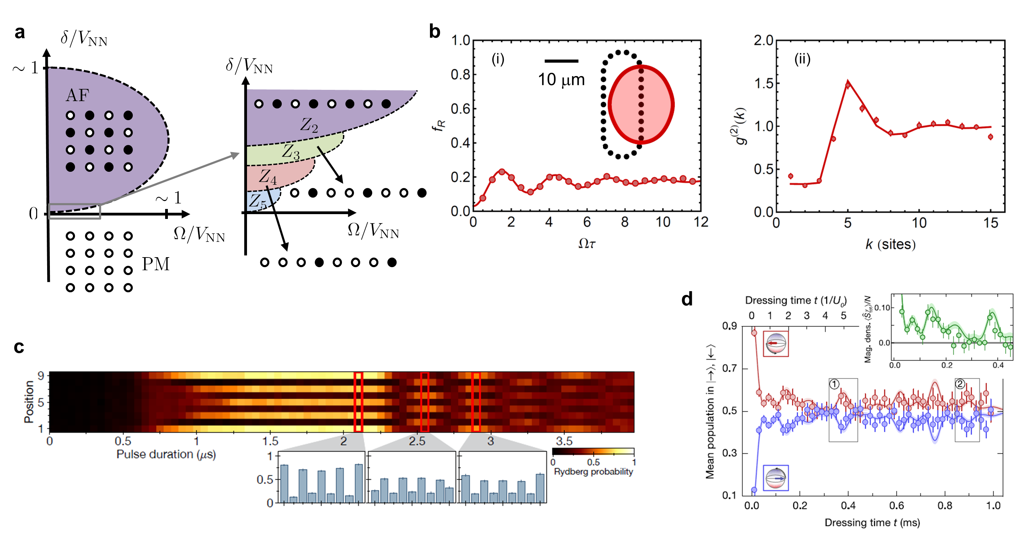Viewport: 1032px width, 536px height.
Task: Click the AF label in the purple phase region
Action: click(77, 95)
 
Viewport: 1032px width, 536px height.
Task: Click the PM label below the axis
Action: click(156, 264)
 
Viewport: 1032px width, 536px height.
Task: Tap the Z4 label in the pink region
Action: click(267, 177)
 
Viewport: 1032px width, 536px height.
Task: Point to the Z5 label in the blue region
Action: click(258, 202)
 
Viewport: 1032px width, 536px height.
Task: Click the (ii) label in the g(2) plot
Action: click(802, 59)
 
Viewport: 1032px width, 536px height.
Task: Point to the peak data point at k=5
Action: click(848, 85)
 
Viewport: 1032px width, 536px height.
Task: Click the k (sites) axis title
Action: click(890, 244)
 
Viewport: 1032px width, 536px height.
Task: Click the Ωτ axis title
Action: click(587, 243)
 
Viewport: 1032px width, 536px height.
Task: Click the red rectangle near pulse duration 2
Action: click(358, 402)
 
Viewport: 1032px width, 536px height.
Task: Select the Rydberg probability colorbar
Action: click(593, 451)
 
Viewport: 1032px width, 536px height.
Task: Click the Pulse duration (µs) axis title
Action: click(166, 454)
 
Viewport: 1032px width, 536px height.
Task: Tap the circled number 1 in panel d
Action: click(834, 384)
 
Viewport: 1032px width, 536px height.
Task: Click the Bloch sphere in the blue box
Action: click(776, 478)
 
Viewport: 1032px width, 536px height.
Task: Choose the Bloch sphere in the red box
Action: click(776, 344)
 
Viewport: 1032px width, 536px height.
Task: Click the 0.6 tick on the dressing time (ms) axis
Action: click(896, 505)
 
